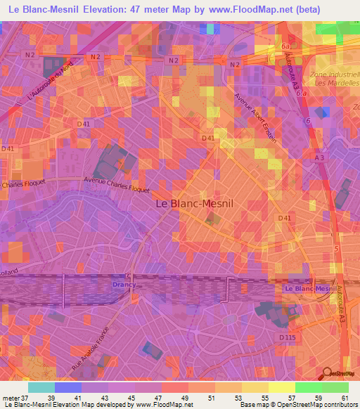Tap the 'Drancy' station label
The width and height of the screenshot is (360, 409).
click(x=121, y=284)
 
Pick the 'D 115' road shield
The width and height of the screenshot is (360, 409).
click(x=286, y=338)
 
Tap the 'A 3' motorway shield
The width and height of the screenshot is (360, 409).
click(x=320, y=158)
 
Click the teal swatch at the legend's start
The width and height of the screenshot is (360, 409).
click(x=41, y=387)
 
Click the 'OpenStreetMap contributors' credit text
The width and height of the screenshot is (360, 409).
click(x=312, y=405)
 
